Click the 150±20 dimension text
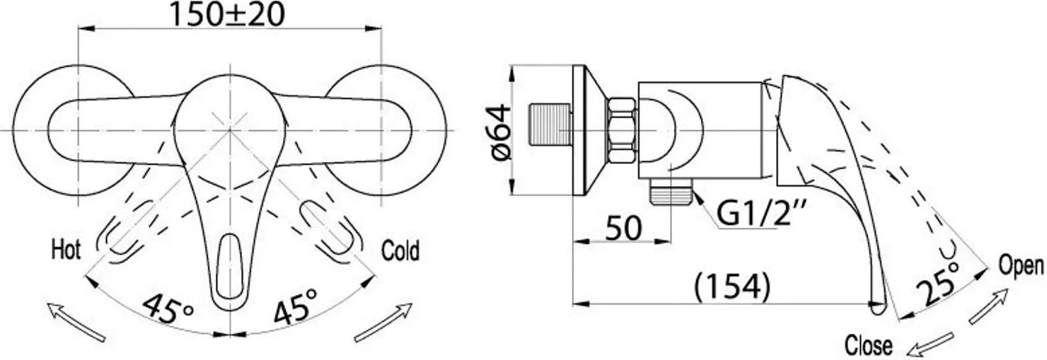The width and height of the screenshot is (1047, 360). point(226,14)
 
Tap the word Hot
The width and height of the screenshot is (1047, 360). point(66,250)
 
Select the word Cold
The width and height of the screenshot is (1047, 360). point(400,250)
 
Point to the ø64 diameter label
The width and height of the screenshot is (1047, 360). point(501,132)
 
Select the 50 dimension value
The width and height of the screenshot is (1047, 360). point(623,228)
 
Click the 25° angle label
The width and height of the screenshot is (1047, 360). point(939,283)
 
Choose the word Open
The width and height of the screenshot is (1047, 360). point(1021,266)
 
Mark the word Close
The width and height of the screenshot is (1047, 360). point(869,346)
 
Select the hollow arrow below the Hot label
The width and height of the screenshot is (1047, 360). point(76,322)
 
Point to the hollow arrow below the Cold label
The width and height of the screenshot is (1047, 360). point(383,322)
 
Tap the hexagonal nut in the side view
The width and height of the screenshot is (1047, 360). point(622,132)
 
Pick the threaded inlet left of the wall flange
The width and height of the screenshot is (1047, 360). point(550,124)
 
